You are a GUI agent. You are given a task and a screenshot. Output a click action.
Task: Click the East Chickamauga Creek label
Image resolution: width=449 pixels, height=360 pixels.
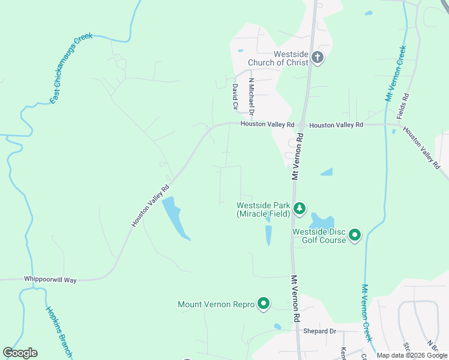71,69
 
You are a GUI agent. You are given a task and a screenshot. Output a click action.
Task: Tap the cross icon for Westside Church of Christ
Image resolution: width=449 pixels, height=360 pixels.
318,58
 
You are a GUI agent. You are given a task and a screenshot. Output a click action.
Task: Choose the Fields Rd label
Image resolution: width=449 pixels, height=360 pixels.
406,105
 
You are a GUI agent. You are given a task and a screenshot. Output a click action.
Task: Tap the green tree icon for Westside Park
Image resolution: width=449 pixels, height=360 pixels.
300,209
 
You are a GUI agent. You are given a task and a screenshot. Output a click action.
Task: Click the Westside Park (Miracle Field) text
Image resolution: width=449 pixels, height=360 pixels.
263,209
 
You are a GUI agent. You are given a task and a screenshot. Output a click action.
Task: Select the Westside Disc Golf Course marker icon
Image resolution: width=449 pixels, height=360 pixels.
355,235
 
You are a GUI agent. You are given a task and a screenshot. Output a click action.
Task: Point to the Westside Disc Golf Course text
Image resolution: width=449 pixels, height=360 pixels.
319,236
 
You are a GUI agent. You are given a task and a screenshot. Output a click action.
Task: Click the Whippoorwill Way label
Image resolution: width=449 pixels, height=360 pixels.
50,280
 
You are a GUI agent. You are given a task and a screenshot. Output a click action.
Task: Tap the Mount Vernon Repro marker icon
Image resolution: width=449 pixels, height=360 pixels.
263,304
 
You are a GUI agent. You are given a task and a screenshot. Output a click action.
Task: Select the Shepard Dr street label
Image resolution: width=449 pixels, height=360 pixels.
319,331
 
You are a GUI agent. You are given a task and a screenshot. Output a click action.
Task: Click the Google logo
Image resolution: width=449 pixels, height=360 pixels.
20,353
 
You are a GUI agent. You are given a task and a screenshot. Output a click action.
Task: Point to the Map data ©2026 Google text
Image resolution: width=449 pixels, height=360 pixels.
412,355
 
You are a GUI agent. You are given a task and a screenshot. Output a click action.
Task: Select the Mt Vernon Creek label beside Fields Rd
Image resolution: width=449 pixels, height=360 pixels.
394,72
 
